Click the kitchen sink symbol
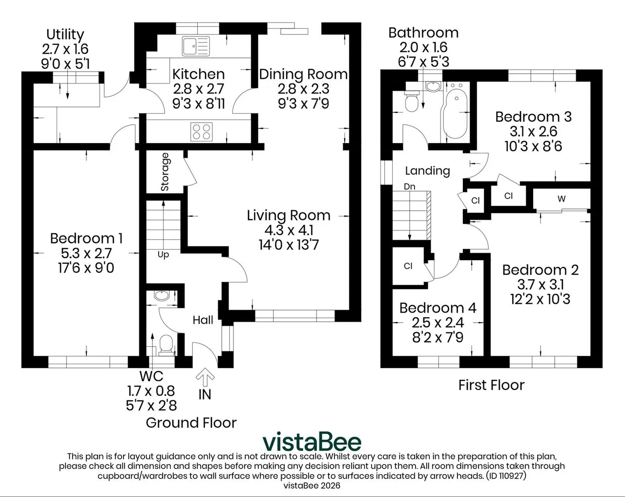196,46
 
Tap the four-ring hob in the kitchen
201,132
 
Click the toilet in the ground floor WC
166,345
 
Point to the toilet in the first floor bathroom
412,101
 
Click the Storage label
165,172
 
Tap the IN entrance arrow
205,377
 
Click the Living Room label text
289,215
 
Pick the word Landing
428,171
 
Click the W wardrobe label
562,199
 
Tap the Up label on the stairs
163,255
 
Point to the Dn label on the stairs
410,186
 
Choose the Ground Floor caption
191,423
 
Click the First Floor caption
491,385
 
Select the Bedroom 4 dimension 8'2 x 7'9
437,337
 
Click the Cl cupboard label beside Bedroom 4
408,266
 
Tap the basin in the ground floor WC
162,296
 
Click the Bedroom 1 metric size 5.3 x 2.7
86,253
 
